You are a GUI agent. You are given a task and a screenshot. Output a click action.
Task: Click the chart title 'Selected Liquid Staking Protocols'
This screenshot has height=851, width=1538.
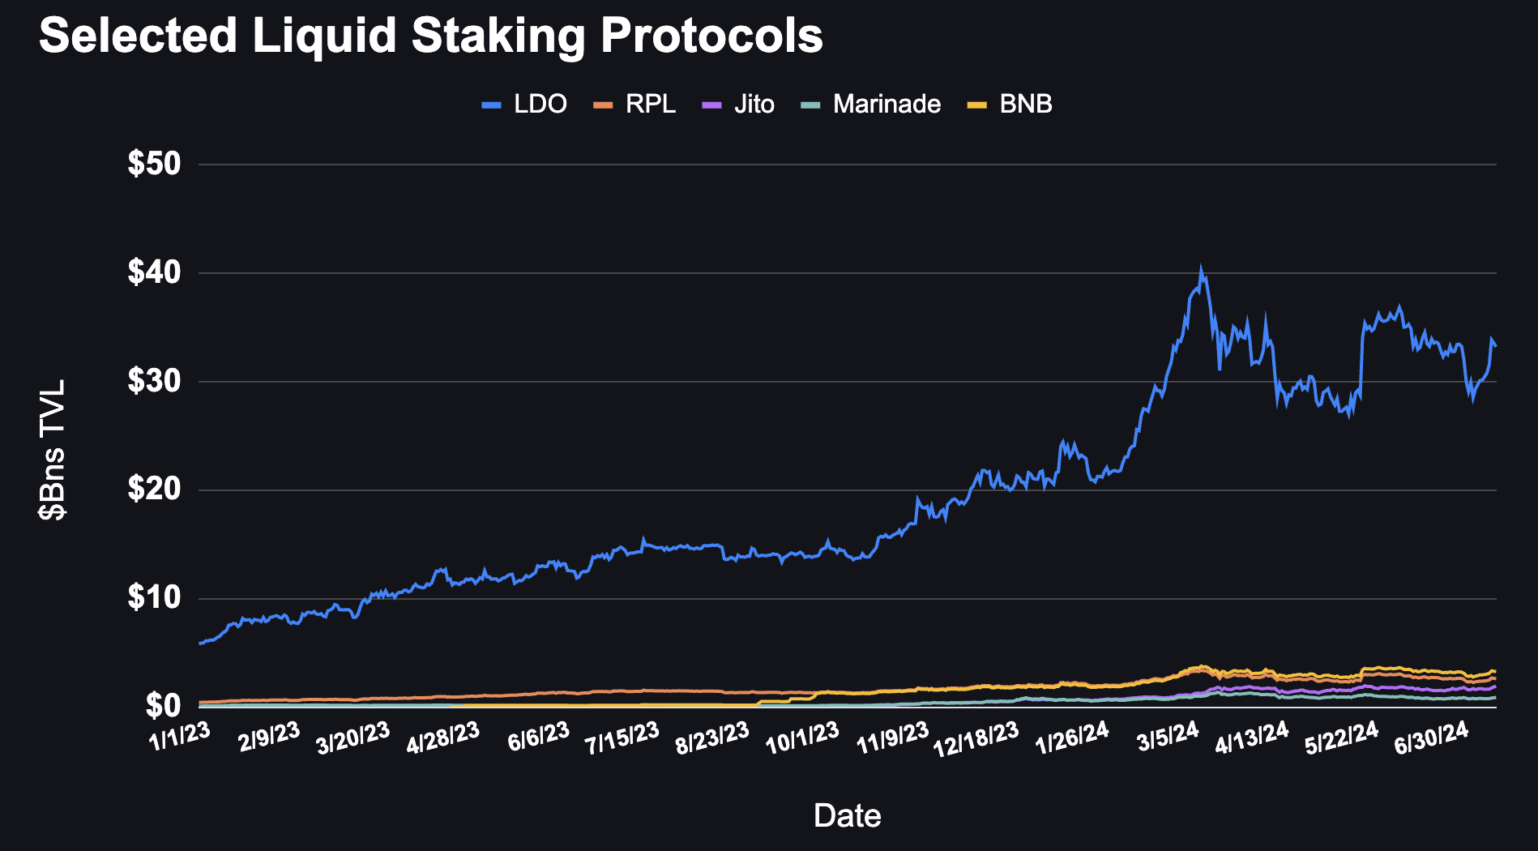[x=430, y=36]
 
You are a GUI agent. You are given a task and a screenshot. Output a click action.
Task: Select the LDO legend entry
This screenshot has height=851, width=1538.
[x=524, y=105]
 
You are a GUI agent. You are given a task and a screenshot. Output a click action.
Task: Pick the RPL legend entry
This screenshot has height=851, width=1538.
[x=635, y=105]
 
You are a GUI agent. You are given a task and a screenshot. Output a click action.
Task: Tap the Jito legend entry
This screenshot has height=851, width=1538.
[x=738, y=105]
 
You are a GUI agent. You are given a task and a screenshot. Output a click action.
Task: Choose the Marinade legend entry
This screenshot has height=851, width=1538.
[x=871, y=105]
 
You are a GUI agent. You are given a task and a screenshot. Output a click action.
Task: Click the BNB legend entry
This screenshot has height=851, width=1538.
[x=1010, y=105]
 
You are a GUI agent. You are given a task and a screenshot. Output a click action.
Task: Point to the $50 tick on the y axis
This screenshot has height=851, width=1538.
[x=154, y=165]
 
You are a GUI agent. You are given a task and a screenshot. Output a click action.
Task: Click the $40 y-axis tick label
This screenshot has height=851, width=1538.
[x=154, y=273]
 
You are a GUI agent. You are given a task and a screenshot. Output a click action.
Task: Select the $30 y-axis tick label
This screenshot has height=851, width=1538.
[x=154, y=382]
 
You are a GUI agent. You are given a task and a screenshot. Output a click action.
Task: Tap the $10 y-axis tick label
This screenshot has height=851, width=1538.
[x=154, y=599]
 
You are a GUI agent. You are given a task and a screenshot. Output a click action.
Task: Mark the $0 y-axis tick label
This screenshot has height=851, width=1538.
[x=163, y=707]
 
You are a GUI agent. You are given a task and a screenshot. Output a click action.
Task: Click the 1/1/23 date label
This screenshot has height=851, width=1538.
[x=180, y=737]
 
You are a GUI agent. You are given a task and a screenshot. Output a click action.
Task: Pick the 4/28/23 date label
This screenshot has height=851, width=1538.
[x=443, y=738]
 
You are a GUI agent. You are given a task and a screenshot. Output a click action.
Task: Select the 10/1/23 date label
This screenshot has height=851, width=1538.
[x=802, y=738]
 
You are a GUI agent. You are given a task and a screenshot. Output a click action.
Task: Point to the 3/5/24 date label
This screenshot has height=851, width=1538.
[x=1168, y=737]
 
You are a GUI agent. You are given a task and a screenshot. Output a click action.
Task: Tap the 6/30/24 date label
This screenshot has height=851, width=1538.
[x=1431, y=738]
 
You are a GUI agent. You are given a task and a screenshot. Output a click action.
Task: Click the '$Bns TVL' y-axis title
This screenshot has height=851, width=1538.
[x=53, y=450]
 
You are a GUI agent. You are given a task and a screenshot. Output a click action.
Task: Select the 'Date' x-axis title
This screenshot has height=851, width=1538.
[x=847, y=815]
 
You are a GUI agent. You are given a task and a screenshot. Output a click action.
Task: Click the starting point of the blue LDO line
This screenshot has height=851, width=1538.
[x=199, y=644]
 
